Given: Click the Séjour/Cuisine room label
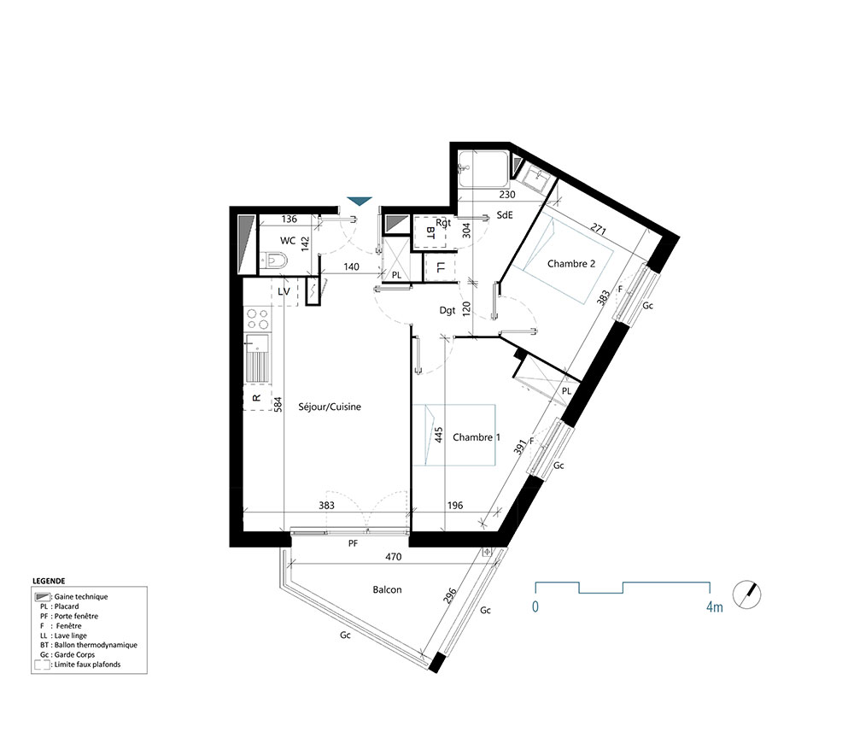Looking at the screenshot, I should pos(330,407).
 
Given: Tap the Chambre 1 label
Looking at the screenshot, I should pos(476,437).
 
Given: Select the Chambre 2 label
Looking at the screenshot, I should pos(571,264).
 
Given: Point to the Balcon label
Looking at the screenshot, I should pos(387,589).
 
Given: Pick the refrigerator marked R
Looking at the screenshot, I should pos(256,398).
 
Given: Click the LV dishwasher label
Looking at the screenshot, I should pos(285,291).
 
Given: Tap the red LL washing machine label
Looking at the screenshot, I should pos(441,268).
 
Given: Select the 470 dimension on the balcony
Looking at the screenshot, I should pos(393,557).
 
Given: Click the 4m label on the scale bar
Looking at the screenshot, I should pos(713,607).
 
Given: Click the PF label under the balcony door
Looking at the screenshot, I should pos(352,543).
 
